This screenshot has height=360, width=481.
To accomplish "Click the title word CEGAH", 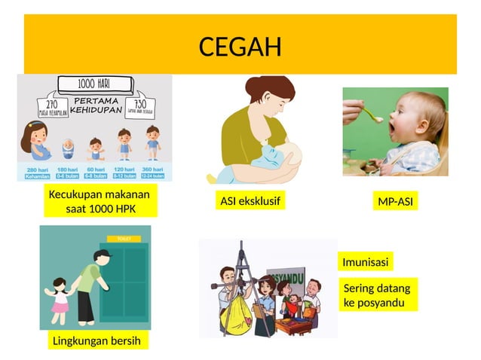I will click(x=240, y=47).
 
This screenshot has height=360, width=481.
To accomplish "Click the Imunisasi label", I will click(x=366, y=262).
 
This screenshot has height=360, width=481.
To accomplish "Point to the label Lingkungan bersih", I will click(x=96, y=340).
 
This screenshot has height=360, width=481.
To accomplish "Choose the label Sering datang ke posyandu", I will click(x=377, y=295).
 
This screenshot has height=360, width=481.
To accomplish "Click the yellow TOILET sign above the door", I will click(x=124, y=239).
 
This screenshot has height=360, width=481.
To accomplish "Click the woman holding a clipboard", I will click(x=265, y=306).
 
